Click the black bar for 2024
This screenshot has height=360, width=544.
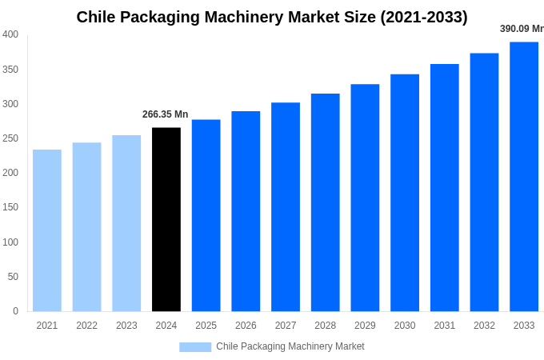point(166,219)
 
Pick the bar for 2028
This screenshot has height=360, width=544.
point(325,202)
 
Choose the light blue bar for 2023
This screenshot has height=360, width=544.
point(126,223)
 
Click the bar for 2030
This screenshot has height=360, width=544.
point(405,193)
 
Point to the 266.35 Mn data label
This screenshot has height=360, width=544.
point(165,114)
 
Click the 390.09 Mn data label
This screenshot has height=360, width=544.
point(521,29)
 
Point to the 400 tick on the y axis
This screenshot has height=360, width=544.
point(10,34)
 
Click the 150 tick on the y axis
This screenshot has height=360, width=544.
point(10,207)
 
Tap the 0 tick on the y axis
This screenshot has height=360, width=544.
point(15,311)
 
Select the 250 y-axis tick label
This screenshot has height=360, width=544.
point(10,138)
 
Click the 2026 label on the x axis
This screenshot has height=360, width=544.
point(246,326)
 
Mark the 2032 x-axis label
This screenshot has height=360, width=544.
point(484,326)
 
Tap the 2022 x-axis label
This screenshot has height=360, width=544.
point(86,326)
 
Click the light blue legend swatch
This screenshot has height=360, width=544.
point(195,346)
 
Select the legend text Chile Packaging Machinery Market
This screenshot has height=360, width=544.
point(290,346)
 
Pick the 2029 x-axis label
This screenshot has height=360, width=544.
point(365,326)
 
